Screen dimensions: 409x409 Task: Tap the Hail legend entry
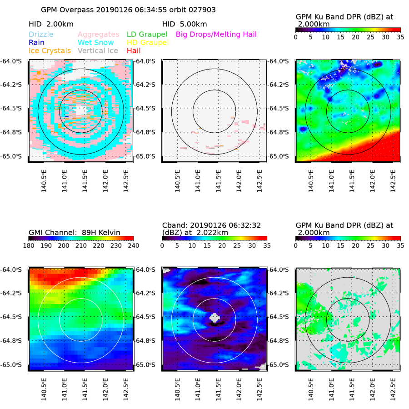point(134,51)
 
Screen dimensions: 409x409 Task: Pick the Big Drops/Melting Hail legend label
point(216,35)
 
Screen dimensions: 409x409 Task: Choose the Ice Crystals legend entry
point(50,51)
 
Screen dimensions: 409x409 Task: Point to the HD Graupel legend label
point(147,43)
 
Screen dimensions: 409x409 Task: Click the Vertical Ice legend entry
point(98,51)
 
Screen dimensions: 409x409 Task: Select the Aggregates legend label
point(99,35)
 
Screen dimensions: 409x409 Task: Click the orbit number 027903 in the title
point(200,10)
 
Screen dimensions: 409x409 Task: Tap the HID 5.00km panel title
point(185,24)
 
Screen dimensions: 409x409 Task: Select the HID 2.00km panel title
point(51,24)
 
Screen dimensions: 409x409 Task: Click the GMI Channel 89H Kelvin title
point(74,233)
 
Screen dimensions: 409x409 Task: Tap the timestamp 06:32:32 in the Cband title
point(245,225)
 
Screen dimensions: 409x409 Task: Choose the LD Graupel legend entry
point(147,35)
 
